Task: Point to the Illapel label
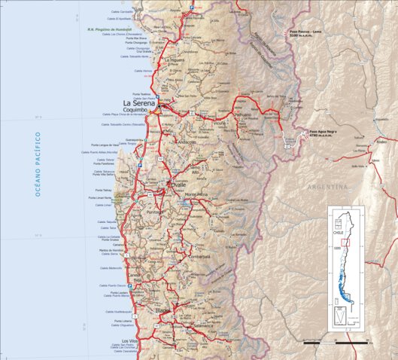point(164,310)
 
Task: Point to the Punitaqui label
point(155,212)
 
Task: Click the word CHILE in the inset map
point(339,233)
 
